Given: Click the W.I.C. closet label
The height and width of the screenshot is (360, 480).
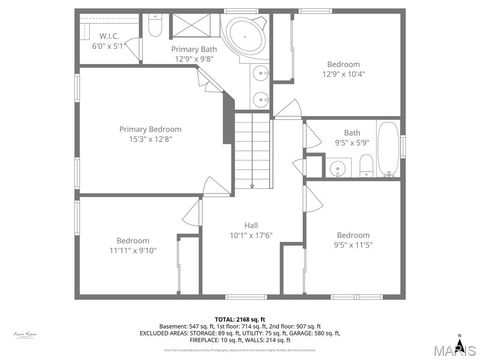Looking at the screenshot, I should point(109,36).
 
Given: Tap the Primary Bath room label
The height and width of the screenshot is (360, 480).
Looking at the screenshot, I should point(194,49).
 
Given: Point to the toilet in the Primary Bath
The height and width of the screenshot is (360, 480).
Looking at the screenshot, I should point(155,28).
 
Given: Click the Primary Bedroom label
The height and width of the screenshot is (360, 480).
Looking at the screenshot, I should point(150,129).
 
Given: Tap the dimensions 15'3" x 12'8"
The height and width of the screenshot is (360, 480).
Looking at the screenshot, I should point(150,140).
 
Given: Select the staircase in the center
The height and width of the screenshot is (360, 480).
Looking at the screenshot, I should point(254,150).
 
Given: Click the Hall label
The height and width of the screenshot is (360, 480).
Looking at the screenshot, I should point(251,225).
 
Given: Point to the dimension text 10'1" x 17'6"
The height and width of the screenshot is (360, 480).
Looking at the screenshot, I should point(251,236).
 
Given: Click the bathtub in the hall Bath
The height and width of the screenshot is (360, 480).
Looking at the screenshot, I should point(387,149).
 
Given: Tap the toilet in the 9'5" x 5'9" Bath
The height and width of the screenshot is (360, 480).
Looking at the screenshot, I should point(366,165).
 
